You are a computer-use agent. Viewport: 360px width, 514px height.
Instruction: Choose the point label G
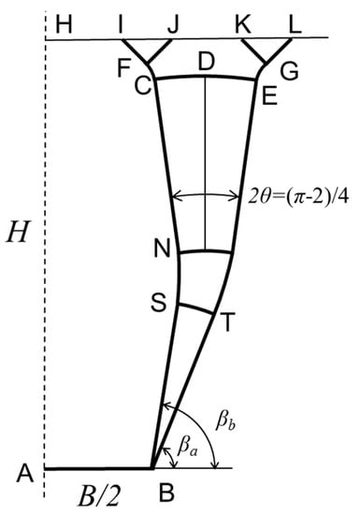[x=289, y=70]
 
